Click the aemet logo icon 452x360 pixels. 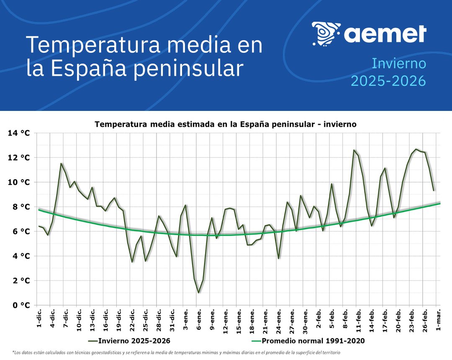[x=326, y=34]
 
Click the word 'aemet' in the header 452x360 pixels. [x=385, y=33]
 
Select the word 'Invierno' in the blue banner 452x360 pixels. [x=399, y=64]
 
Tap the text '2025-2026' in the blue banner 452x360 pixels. [x=388, y=80]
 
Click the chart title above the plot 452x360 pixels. [x=226, y=124]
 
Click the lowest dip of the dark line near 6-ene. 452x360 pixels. [x=198, y=293]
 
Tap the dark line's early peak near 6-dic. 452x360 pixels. [x=61, y=164]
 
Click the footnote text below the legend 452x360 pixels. [x=176, y=352]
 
